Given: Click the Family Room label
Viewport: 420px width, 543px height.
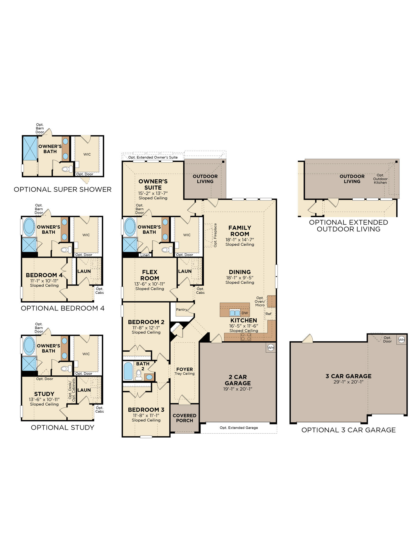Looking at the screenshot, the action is point(240,231).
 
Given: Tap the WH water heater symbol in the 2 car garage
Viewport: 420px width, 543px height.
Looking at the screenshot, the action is point(271,347).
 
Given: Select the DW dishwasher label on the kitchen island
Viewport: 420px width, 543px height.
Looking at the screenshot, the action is point(245,313).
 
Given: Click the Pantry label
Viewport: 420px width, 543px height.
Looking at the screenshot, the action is point(182,309).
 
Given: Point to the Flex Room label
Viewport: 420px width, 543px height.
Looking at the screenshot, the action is point(150,275).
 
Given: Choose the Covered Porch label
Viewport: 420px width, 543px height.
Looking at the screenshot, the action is point(185,418).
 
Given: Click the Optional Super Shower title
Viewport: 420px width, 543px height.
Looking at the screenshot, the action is point(62,189).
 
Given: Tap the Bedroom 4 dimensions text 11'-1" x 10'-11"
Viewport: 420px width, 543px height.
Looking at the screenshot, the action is point(44,281).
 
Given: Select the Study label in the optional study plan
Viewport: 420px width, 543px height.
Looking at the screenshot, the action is point(44,394).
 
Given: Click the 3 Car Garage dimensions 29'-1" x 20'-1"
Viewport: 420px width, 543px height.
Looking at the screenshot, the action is point(348,382).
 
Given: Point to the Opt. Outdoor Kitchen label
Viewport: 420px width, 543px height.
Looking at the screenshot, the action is point(380,179).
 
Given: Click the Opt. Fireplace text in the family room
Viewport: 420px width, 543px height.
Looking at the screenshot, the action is point(215,235).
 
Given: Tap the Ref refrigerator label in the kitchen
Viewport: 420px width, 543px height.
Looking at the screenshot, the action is point(268,314).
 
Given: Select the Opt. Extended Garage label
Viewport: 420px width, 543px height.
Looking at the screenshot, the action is point(239,428).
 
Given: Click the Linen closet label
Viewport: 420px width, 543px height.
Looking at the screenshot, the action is point(145,255).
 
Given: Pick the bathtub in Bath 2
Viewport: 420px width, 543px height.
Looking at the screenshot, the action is point(128,371).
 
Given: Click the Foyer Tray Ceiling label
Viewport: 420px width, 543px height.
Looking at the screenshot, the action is point(185,371).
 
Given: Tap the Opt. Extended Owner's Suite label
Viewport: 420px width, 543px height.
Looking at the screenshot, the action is point(153,157).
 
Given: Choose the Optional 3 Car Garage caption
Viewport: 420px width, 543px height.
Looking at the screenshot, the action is point(348,430).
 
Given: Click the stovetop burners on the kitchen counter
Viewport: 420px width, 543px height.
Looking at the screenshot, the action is point(246,337).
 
